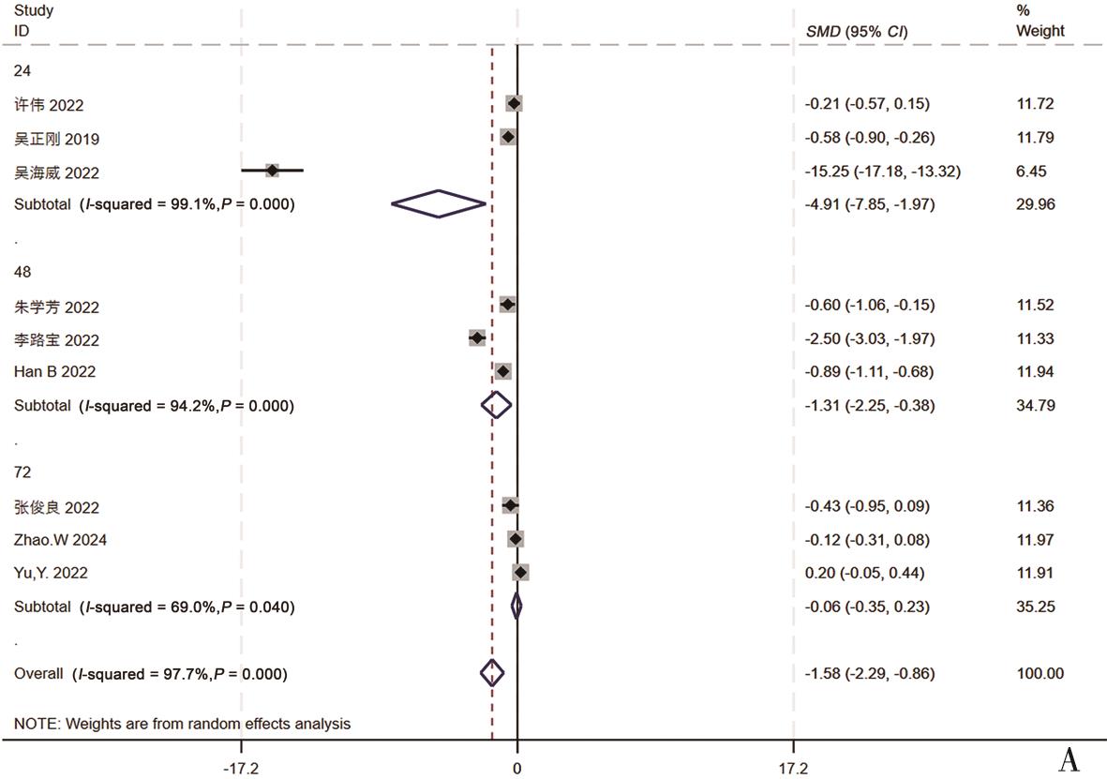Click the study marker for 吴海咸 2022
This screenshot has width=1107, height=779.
[x=272, y=171]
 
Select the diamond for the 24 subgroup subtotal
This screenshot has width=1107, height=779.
[x=439, y=203]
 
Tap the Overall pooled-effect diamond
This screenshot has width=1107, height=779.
[x=492, y=672]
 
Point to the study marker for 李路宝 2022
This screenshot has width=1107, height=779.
[x=477, y=337]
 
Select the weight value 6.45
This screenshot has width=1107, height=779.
[x=1032, y=172]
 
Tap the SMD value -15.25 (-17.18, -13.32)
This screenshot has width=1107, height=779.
[x=883, y=172]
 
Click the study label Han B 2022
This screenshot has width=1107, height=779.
[x=54, y=372]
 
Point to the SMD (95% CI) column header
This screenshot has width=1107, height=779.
[x=857, y=32]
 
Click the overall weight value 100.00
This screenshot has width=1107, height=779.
[x=1040, y=673]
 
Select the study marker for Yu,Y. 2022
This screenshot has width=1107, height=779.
[x=521, y=572]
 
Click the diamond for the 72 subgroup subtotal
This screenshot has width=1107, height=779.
[x=516, y=607]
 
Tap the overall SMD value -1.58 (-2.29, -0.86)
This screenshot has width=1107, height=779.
[x=870, y=673]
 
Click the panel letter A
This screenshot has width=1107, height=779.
[x=1069, y=760]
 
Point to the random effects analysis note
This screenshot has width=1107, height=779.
[x=182, y=724]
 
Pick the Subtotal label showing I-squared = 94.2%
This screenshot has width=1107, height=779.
[x=154, y=406]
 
